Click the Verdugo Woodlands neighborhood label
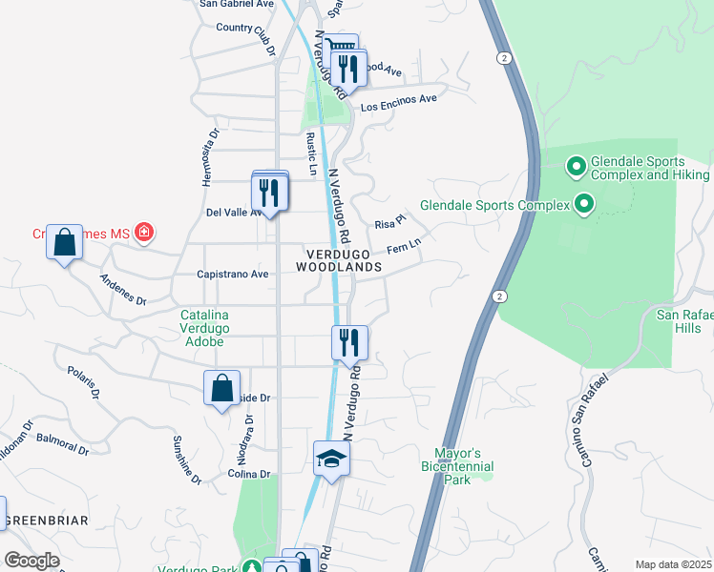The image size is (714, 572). (344, 260)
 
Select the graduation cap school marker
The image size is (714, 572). (332, 459)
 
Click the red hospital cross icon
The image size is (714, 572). (144, 232)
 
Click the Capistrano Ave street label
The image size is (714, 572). (233, 274)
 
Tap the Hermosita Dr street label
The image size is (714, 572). (211, 156)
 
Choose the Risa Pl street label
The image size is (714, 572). (385, 224)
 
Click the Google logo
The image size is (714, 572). (31, 561)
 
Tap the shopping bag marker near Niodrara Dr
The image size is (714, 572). (221, 389)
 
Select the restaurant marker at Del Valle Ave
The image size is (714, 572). (269, 194)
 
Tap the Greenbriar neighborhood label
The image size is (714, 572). (46, 521)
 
